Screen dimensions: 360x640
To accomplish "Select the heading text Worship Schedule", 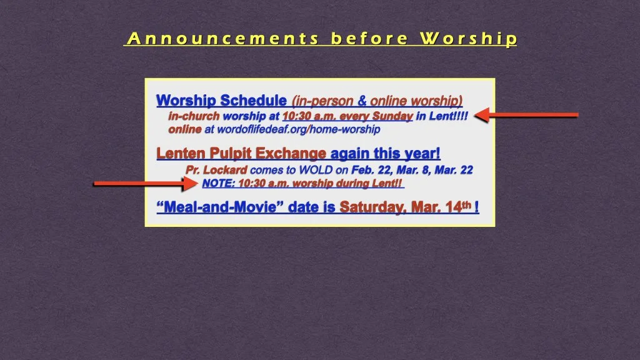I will coord(221,101).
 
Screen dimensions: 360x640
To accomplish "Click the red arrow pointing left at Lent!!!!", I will coord(526,115).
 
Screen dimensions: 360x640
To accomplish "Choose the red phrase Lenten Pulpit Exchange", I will coord(241,153).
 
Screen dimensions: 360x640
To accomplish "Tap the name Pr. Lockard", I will coord(216,170).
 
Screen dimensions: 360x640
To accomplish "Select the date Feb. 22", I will coord(371,170).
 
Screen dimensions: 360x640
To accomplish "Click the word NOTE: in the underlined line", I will coord(219,184).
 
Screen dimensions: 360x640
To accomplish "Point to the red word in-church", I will coord(194,116).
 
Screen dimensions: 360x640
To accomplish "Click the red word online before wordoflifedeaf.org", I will coord(185,129).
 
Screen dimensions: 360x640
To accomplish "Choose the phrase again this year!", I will coord(385,153).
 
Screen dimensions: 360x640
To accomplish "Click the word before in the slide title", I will coord(369,39).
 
